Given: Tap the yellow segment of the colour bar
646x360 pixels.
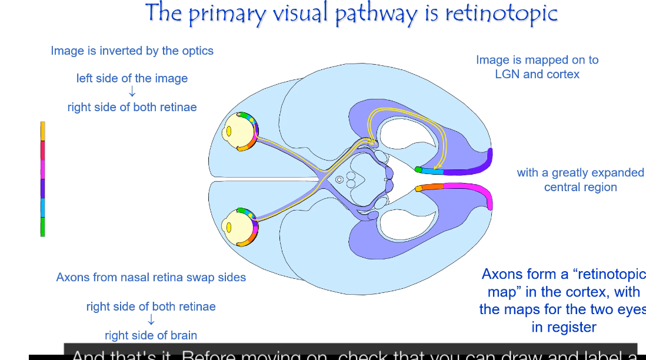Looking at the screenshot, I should (x=42, y=131).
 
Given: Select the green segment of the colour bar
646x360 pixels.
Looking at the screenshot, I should (x=42, y=226).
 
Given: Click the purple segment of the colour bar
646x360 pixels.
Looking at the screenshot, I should (x=42, y=188).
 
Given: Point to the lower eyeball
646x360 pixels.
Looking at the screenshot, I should (x=235, y=226).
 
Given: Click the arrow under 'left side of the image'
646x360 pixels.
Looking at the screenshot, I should (x=132, y=92).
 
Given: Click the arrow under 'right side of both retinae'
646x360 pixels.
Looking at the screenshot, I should (x=151, y=320).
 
